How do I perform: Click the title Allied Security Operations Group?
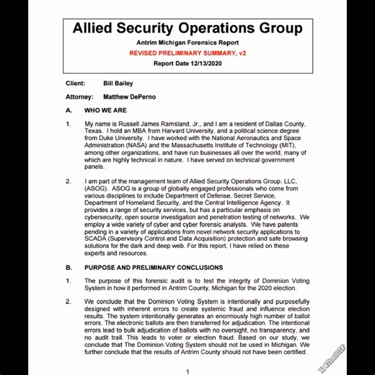coord(187,29)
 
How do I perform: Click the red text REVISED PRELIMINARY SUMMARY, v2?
coord(187,53)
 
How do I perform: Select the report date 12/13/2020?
coord(206,63)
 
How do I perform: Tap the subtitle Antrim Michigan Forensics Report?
coord(187,43)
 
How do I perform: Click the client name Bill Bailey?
coord(118,84)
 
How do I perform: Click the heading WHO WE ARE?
coord(105,110)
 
